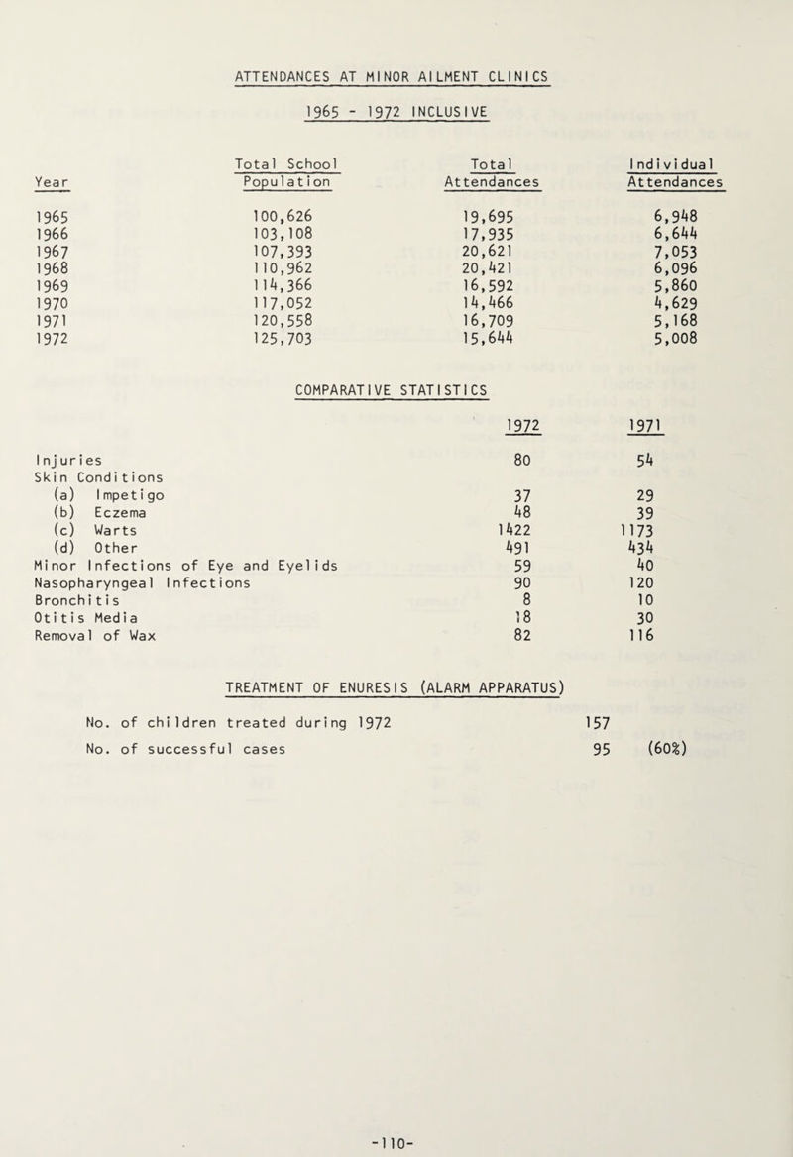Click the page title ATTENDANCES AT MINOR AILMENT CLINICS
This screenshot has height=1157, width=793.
pyautogui.click(x=396, y=73)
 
